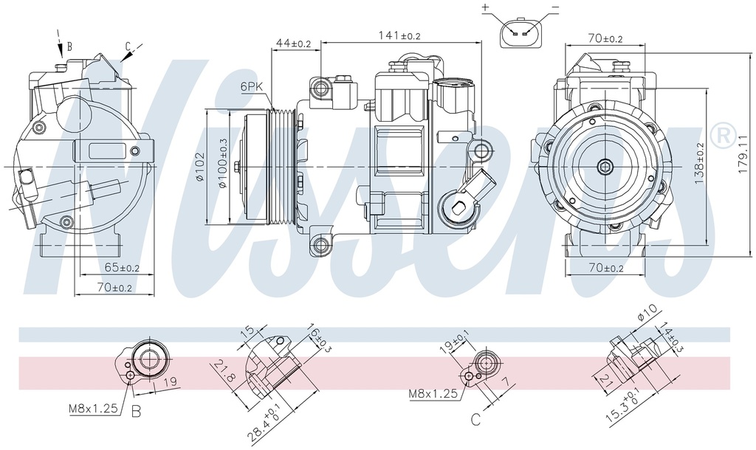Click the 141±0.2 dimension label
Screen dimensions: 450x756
[x=399, y=35]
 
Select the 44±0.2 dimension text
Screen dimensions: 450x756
[x=293, y=44]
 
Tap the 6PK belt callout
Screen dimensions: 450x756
[x=252, y=87]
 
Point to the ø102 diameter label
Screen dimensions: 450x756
[x=199, y=167]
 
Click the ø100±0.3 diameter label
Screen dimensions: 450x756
[x=222, y=167]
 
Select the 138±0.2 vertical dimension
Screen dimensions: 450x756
[x=698, y=162]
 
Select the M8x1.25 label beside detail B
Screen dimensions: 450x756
[x=94, y=407]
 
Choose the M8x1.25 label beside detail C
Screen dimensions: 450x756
[x=433, y=395]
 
